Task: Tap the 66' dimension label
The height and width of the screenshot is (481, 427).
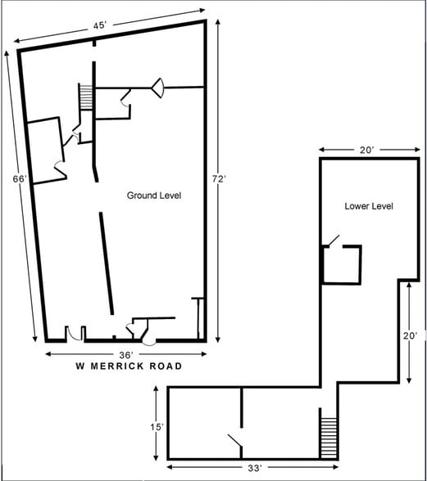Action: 20,178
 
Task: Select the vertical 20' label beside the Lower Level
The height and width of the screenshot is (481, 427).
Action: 411,335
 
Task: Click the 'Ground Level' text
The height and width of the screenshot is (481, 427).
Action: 153,196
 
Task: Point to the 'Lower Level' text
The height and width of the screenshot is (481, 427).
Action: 368,206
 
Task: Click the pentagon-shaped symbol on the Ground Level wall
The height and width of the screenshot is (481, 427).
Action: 157,86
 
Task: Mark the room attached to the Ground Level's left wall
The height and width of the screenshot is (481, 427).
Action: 45,148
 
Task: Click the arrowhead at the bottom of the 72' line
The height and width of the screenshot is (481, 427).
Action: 218,338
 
